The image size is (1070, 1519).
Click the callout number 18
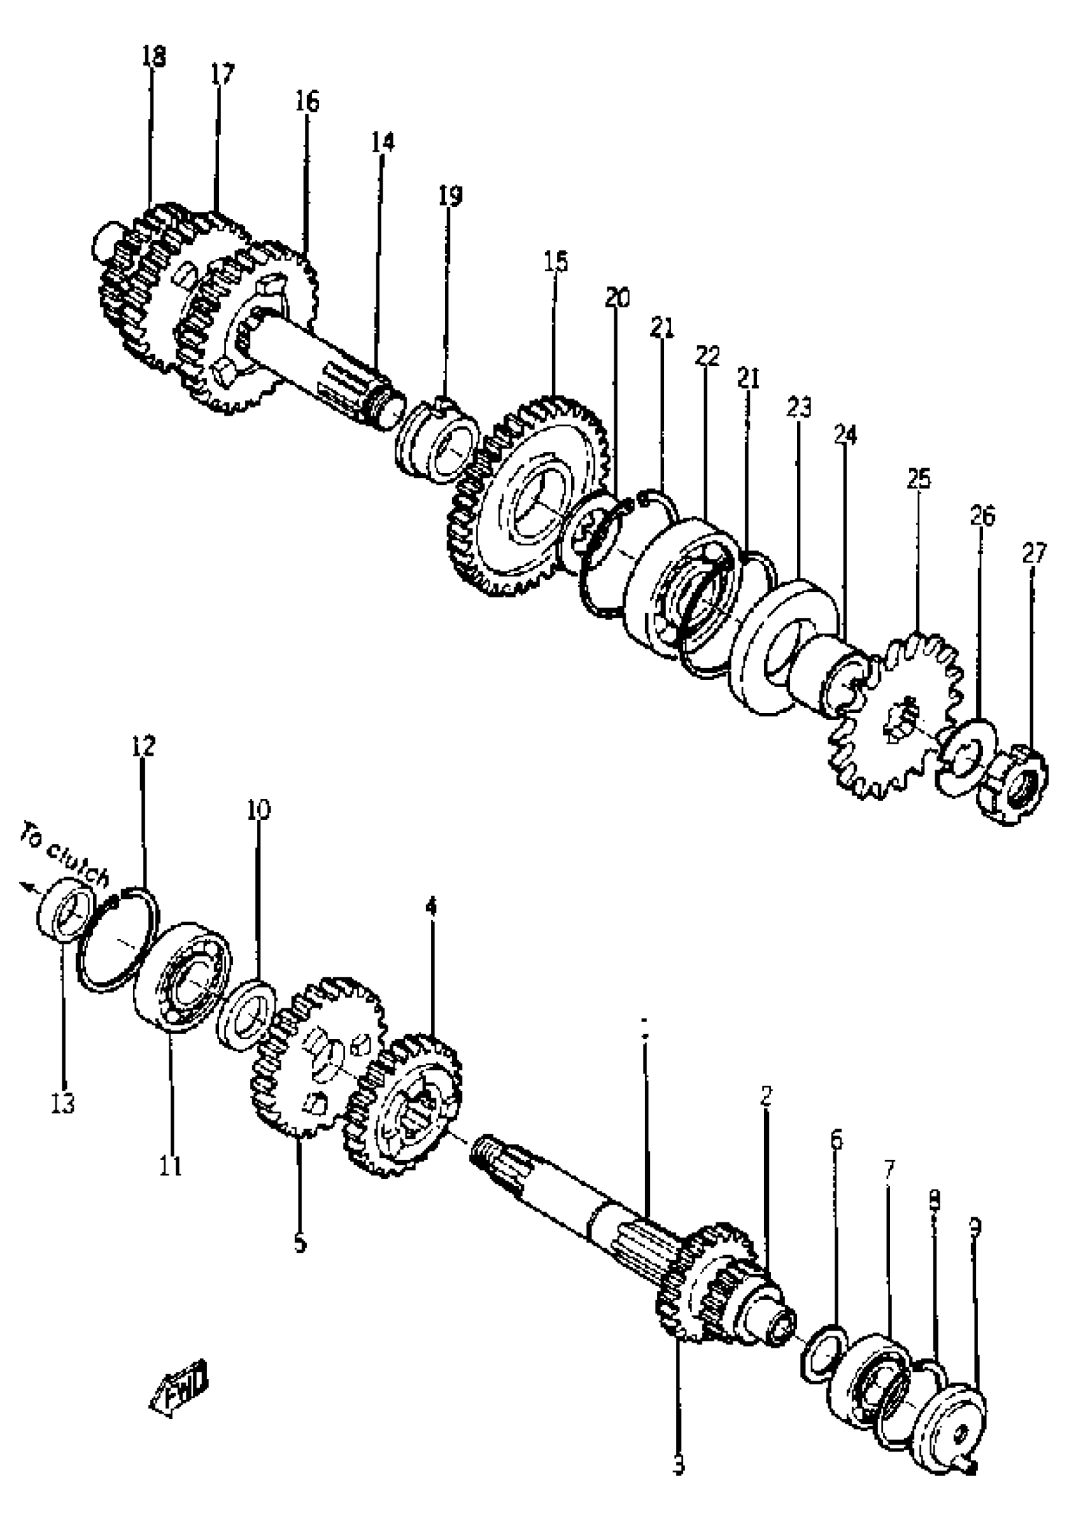tap(154, 56)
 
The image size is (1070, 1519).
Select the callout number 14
tap(382, 142)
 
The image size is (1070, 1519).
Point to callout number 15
tap(556, 261)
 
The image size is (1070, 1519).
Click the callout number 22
tap(707, 356)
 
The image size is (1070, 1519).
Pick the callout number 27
tap(1034, 553)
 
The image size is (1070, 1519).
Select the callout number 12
tap(143, 746)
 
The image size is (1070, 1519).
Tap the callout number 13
tap(64, 1103)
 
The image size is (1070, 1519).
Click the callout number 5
tap(300, 1243)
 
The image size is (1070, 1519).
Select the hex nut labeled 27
tap(1013, 787)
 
